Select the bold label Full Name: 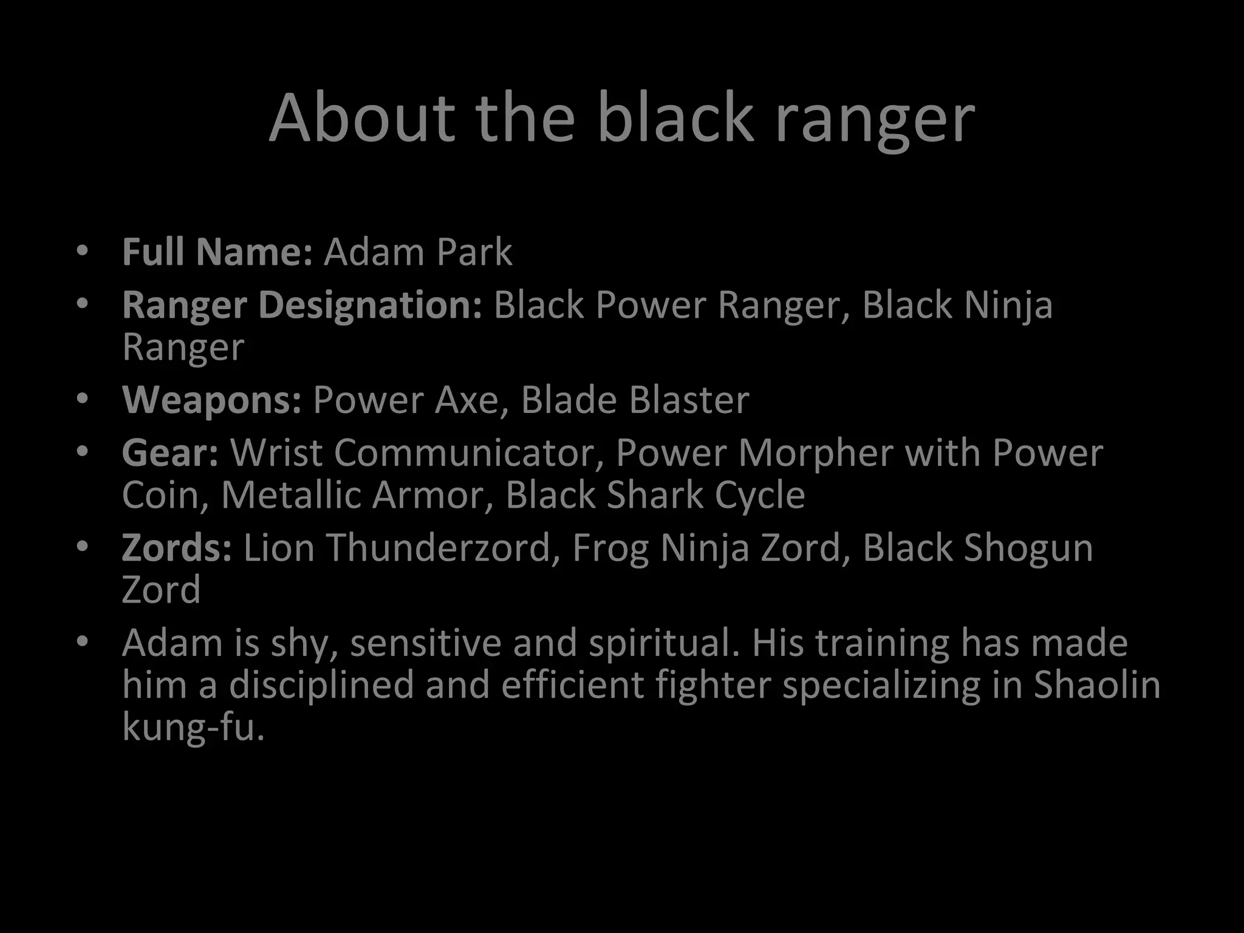click(217, 251)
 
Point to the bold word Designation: click(371, 305)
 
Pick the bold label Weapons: click(211, 400)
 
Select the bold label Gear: click(170, 453)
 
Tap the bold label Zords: click(177, 548)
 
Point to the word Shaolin click(1097, 685)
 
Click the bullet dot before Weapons click(83, 399)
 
